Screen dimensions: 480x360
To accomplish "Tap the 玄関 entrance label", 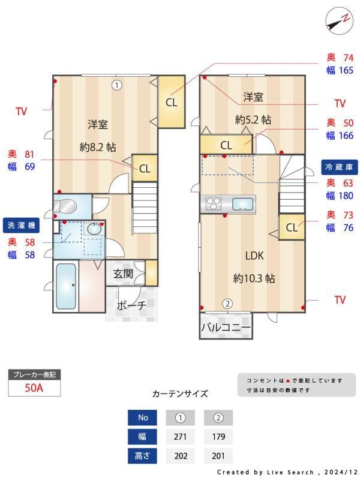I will [123, 274].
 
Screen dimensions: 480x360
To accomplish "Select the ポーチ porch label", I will [131, 305].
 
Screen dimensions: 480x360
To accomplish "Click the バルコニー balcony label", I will [225, 328].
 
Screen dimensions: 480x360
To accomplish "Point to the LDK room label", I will [254, 256].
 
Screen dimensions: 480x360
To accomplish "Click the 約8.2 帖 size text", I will [98, 147].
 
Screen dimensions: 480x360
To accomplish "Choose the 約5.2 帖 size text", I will [253, 120].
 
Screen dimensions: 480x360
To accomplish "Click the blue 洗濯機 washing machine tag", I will [21, 226].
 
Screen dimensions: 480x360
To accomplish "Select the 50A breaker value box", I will [34, 388].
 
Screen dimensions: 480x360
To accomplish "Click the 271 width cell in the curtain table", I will [180, 436].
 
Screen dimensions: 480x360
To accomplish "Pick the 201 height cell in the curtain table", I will [218, 456].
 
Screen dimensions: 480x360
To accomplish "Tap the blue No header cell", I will [143, 417].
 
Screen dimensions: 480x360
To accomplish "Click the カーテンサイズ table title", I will [180, 394].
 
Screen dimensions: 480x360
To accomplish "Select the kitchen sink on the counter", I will [242, 203].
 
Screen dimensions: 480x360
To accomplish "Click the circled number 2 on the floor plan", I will [227, 304].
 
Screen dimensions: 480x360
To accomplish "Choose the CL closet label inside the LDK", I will [292, 227].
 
